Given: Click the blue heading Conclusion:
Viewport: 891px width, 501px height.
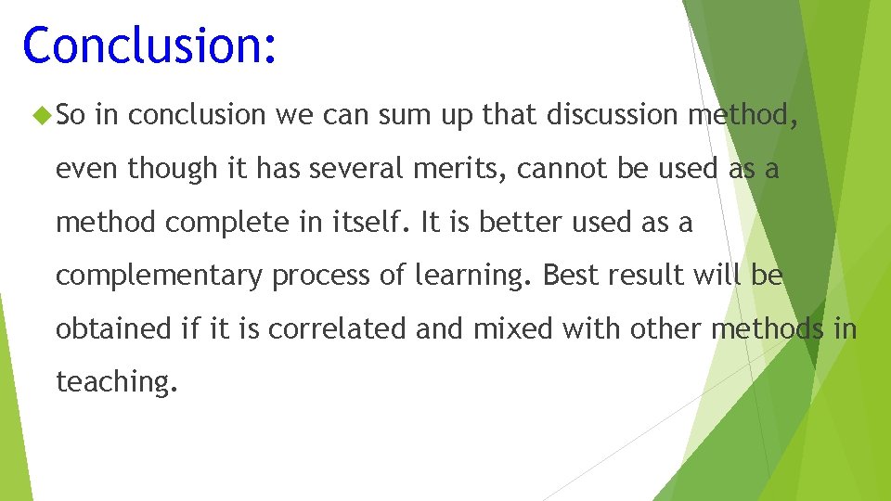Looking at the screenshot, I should [149, 45].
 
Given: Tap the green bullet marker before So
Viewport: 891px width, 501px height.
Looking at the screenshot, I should [39, 116].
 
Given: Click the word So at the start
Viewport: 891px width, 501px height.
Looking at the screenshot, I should [71, 115].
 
